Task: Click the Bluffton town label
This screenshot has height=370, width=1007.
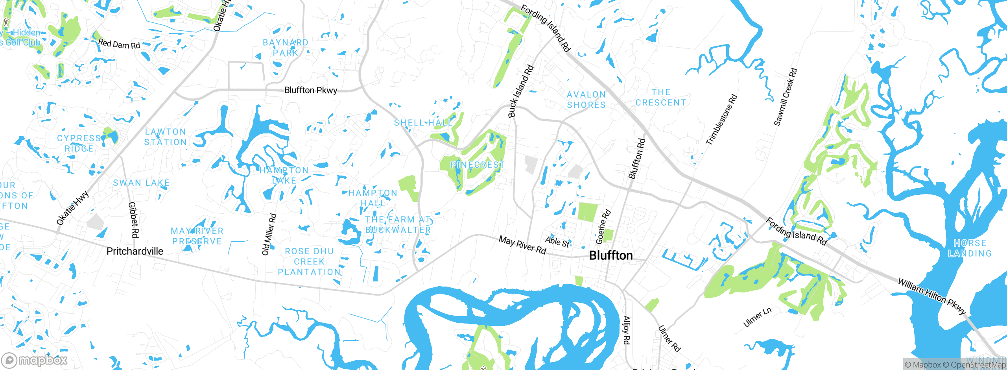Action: coord(610,256)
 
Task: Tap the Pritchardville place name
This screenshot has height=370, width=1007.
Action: coord(135,251)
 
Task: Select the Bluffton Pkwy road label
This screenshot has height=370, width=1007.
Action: coord(310,90)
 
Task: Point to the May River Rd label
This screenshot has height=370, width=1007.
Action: coord(522,245)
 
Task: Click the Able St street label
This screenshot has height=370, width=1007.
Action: coord(557,242)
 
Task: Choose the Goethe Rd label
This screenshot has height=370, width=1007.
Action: coord(603,227)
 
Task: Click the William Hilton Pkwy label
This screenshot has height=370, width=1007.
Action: coord(931,296)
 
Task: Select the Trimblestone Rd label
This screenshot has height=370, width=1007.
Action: coord(721,120)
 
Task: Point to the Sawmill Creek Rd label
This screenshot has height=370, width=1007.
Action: coord(785,97)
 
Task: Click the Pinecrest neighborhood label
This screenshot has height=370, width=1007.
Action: coord(477,165)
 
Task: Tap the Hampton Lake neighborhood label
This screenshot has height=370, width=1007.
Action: coord(284,176)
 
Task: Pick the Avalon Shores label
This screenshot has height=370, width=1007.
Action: coord(586,100)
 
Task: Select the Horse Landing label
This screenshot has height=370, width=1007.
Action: coord(970,248)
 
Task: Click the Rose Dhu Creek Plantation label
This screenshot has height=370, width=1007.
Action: coord(309,262)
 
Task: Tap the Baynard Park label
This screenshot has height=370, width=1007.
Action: coord(286,48)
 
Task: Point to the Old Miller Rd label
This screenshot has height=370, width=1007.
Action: coord(269,235)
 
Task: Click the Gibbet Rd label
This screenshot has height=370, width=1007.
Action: coord(133,220)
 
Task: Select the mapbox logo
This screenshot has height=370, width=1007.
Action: coord(35,360)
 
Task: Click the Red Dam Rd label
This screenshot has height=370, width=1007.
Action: coord(119,44)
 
